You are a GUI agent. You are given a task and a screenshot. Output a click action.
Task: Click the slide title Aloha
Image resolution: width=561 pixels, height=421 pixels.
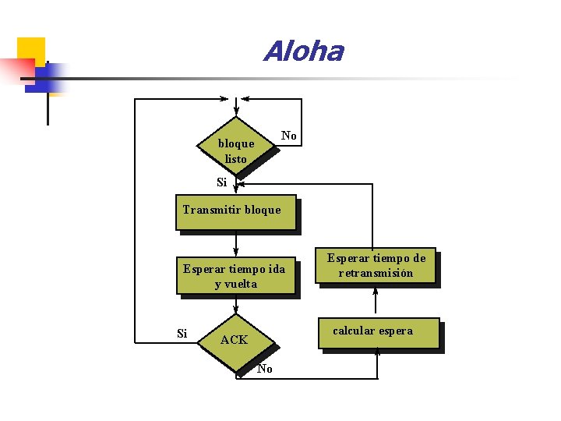click(x=303, y=51)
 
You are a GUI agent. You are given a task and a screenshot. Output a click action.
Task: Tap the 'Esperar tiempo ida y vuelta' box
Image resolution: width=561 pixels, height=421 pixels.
click(x=235, y=276)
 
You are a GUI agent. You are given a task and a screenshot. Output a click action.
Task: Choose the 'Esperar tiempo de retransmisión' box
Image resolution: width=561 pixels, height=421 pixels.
click(x=376, y=267)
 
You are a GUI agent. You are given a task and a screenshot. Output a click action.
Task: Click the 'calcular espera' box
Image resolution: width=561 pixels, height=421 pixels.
click(x=379, y=333)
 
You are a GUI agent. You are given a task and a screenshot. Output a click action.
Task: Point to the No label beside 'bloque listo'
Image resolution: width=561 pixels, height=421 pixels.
click(x=289, y=136)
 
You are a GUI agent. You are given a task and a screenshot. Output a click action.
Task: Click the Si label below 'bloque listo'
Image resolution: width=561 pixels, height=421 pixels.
click(x=221, y=183)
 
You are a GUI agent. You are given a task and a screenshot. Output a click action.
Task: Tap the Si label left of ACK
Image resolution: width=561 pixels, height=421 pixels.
click(x=182, y=334)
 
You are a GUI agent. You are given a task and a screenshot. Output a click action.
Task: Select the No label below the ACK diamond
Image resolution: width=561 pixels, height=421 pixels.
click(x=265, y=369)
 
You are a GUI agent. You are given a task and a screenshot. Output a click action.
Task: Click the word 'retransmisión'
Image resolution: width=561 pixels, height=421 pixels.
click(x=376, y=274)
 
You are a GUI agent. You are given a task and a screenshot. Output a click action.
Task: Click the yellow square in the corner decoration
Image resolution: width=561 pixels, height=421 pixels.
click(x=31, y=51)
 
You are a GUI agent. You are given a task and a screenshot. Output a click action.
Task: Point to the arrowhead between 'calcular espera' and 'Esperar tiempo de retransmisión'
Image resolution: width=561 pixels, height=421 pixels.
click(x=376, y=291)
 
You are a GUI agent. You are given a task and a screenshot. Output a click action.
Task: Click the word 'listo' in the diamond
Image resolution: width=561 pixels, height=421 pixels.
click(x=235, y=159)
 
